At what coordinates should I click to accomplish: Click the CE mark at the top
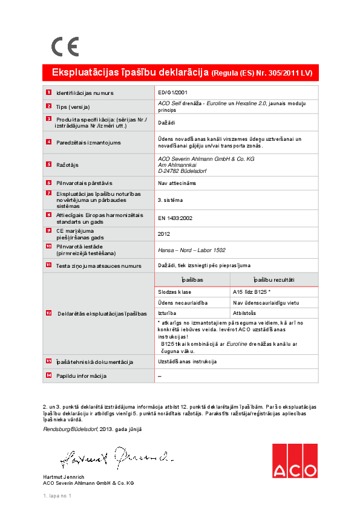tap(65, 47)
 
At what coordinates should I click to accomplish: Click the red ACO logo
tap(294, 461)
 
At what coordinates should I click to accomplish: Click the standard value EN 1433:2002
tap(175, 218)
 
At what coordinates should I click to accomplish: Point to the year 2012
tap(163, 233)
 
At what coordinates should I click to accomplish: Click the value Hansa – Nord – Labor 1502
tap(191, 249)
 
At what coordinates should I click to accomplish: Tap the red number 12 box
tap(48, 313)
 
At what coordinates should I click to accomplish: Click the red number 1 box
tap(48, 92)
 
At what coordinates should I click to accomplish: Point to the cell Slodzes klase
tap(174, 291)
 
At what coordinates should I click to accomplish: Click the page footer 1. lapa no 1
tap(57, 496)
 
